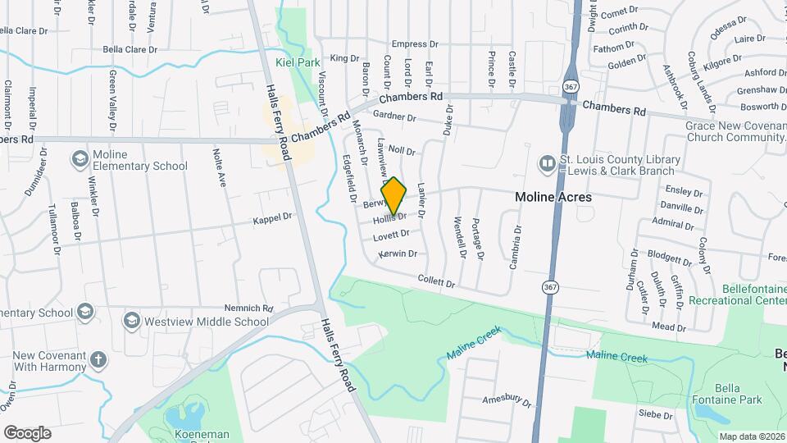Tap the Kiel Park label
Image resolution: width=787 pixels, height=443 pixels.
pyautogui.click(x=298, y=62)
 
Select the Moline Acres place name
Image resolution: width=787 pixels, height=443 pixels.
pyautogui.click(x=553, y=197)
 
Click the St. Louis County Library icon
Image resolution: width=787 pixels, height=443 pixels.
pyautogui.click(x=547, y=165)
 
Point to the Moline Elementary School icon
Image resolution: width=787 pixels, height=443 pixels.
pyautogui.click(x=80, y=158)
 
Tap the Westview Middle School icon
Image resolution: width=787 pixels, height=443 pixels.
pyautogui.click(x=131, y=319)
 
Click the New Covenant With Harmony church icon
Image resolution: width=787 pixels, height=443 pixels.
pyautogui.click(x=98, y=359)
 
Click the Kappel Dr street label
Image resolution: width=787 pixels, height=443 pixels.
pyautogui.click(x=272, y=217)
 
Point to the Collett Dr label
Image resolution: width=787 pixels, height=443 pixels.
pyautogui.click(x=436, y=282)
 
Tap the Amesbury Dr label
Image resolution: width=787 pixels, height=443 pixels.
pyautogui.click(x=507, y=400)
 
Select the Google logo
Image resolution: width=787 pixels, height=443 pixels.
pyautogui.click(x=27, y=432)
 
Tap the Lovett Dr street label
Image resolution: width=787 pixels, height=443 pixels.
pyautogui.click(x=391, y=235)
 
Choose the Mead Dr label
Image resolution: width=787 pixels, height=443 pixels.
pyautogui.click(x=669, y=327)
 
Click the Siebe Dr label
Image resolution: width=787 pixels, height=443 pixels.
pyautogui.click(x=656, y=416)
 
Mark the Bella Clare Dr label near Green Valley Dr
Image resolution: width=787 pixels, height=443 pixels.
pyautogui.click(x=130, y=49)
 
